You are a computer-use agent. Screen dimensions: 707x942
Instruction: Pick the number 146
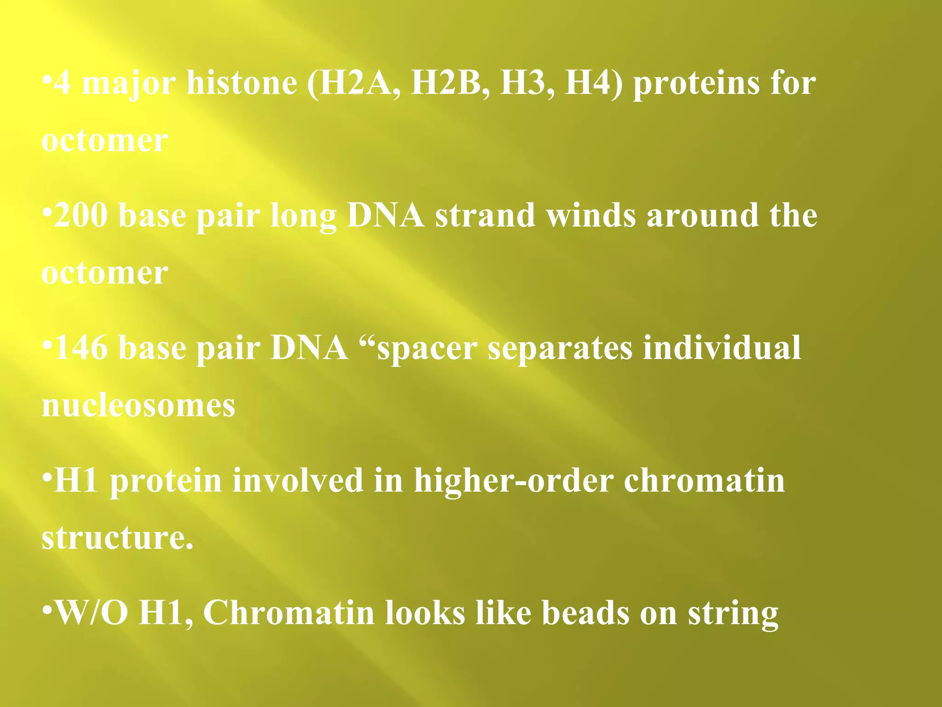tap(81, 348)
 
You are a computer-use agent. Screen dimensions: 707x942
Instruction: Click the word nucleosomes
tap(138, 406)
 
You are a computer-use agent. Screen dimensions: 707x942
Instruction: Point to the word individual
tap(722, 348)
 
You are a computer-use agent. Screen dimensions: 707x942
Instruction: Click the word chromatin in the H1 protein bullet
tap(704, 481)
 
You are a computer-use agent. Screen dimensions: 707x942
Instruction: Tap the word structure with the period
tap(117, 538)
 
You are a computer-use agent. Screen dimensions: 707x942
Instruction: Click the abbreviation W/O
tap(91, 613)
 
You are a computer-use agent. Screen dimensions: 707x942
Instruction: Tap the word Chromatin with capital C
tap(289, 613)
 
